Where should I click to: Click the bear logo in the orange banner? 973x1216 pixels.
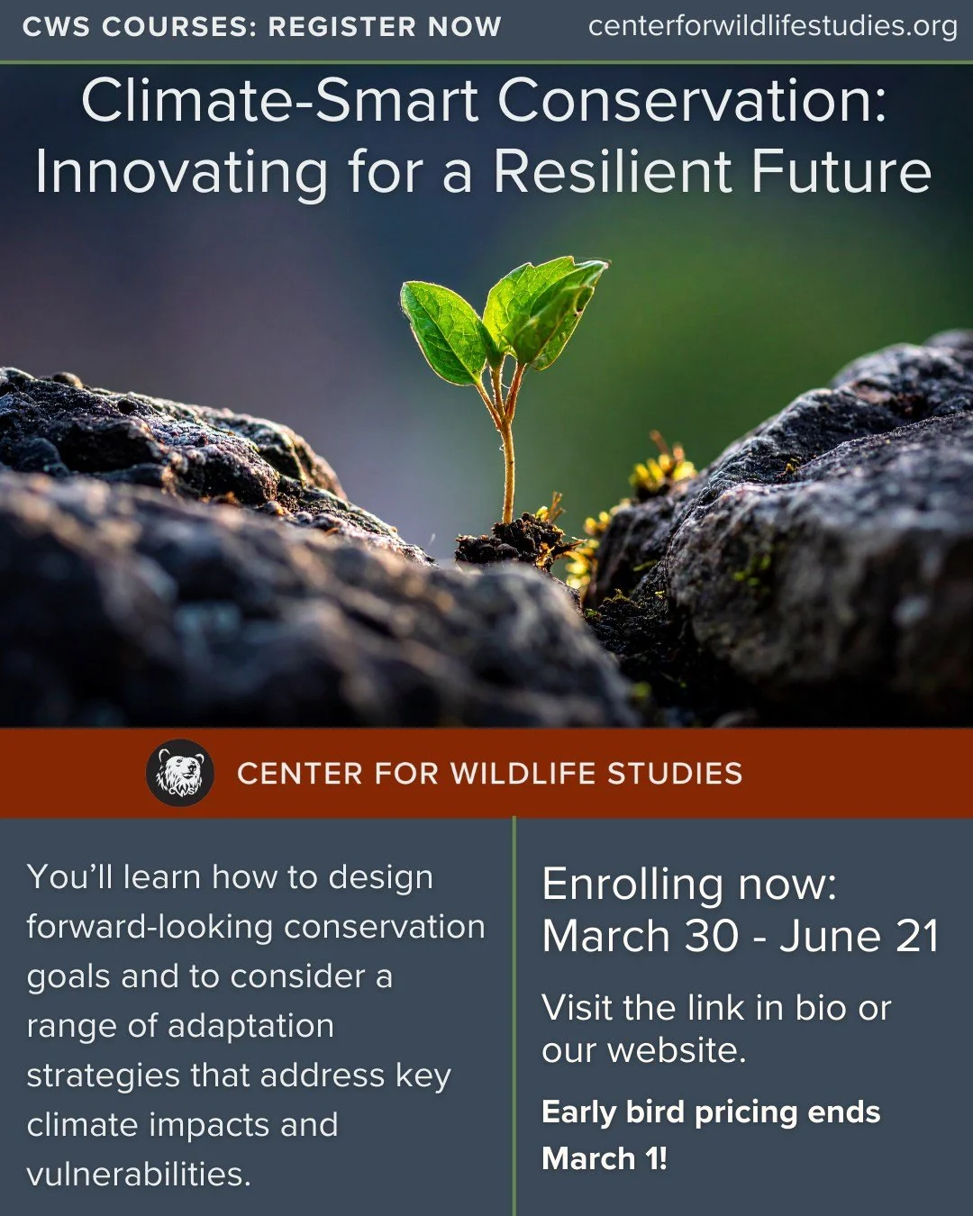click(x=179, y=773)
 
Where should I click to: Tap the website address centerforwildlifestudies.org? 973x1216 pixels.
click(x=772, y=26)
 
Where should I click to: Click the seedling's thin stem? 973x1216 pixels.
click(x=508, y=459)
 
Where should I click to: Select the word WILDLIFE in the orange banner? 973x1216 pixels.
click(x=523, y=774)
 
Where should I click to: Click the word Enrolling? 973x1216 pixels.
click(x=632, y=885)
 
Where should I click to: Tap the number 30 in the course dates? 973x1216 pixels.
click(x=712, y=937)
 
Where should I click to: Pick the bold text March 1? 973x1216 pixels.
click(x=605, y=1158)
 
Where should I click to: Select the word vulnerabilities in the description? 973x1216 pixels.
click(x=139, y=1175)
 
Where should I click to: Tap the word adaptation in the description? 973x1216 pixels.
click(x=250, y=1026)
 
